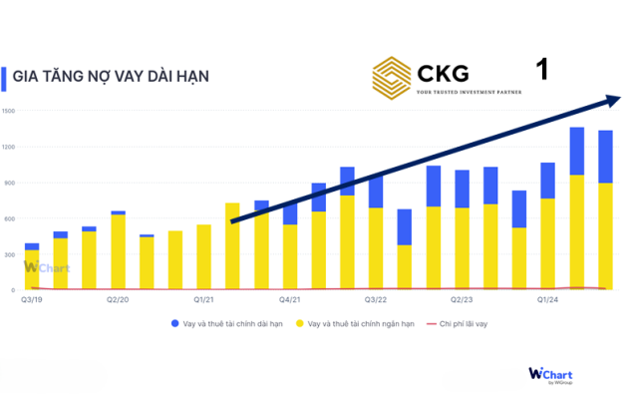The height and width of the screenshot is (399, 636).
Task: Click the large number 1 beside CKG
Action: pyautogui.click(x=542, y=70)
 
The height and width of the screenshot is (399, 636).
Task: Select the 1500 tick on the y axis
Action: pyautogui.click(x=8, y=111)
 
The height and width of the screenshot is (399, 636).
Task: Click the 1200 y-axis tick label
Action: pyautogui.click(x=8, y=147)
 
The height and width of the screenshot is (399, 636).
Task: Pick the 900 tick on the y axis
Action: pyautogui.click(x=8, y=183)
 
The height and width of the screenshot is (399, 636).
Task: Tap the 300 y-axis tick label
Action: pyautogui.click(x=8, y=254)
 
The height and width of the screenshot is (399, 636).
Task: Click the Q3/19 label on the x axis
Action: pyautogui.click(x=32, y=298)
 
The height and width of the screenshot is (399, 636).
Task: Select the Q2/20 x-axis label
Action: pyautogui.click(x=118, y=298)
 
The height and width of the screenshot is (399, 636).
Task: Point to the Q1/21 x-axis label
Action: pyautogui.click(x=204, y=298)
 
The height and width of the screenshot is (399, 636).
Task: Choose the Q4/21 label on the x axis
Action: pyautogui.click(x=290, y=298)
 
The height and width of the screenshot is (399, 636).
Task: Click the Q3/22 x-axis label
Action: pyautogui.click(x=376, y=298)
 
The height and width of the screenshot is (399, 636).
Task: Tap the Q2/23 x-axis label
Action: pyautogui.click(x=462, y=298)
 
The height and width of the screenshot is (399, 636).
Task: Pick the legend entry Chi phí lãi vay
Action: pyautogui.click(x=460, y=324)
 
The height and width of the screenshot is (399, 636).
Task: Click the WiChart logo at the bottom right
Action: pyautogui.click(x=550, y=374)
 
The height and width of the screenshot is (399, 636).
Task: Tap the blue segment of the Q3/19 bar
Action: pyautogui.click(x=32, y=246)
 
